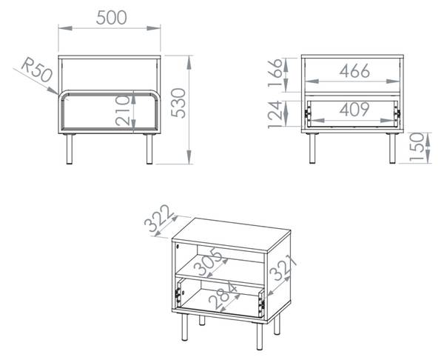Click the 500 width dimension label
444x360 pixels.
coord(111,18)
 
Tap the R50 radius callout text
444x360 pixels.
coord(37,70)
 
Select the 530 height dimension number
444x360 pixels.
coord(178,103)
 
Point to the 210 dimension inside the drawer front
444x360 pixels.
coord(123,111)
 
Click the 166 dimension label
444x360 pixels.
coord(275,73)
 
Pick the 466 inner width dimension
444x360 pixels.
coord(354,71)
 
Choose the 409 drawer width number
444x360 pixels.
coord(354,110)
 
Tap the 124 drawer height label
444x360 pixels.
coord(275,115)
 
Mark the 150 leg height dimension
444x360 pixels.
coord(417,147)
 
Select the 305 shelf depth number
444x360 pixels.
coord(209,261)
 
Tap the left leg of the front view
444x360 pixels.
coord(70,149)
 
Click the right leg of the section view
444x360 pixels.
coord(392,148)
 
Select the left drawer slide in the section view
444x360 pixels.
coord(307,113)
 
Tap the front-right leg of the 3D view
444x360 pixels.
coord(260,336)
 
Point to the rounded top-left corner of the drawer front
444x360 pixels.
coord(62,94)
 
